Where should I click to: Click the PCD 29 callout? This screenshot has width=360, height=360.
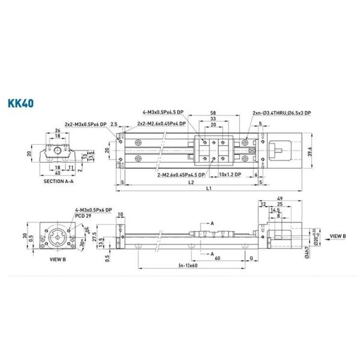(x=83, y=215)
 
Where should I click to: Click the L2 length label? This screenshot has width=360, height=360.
(x=190, y=181)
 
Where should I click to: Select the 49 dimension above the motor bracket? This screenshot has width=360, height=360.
(x=280, y=199)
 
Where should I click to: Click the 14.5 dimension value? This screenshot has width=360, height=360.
(x=275, y=211)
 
